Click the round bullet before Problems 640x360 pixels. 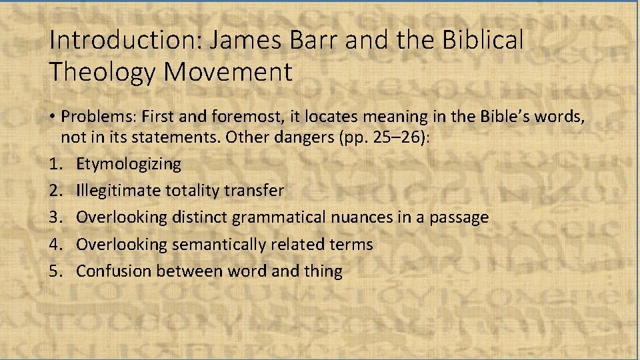coord(53,117)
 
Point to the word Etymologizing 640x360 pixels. coord(129,164)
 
